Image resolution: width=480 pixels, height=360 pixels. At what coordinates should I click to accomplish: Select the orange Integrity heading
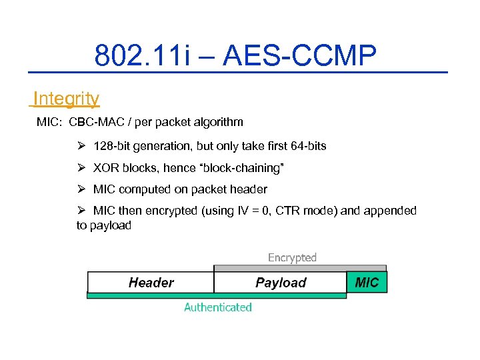coord(66,99)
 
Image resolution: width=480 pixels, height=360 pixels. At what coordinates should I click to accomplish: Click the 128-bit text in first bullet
coord(111,145)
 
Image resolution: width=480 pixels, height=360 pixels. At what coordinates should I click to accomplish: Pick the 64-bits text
coord(305,145)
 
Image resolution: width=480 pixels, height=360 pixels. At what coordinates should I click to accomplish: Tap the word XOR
coord(106,167)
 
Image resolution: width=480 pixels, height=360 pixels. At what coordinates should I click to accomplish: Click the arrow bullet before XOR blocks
coord(81,167)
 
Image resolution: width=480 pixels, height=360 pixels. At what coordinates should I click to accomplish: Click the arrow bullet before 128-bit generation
coord(81,145)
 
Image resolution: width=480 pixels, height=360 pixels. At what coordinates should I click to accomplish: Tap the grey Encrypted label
coord(292,257)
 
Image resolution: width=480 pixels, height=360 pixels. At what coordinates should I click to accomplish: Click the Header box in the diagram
coord(151,283)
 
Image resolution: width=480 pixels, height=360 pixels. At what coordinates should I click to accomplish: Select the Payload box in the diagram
coord(281,283)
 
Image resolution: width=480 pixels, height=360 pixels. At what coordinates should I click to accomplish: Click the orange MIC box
coord(367,282)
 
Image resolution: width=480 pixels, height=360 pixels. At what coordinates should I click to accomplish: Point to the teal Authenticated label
coord(218,307)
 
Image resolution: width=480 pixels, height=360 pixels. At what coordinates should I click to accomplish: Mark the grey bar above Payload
coord(280,268)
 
